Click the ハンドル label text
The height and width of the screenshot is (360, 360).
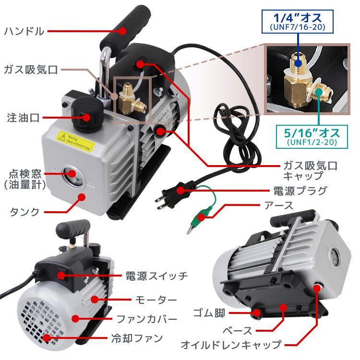(24, 32)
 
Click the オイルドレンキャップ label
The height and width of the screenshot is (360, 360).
(231, 345)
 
